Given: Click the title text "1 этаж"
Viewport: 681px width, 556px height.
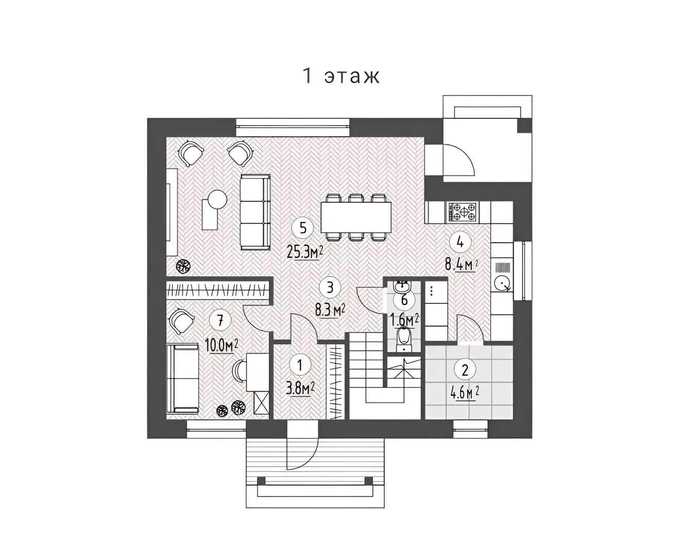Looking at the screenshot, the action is [x=340, y=76].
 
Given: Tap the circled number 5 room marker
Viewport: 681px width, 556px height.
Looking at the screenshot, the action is [x=302, y=228].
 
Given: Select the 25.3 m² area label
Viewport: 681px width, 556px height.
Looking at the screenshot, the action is [x=305, y=252].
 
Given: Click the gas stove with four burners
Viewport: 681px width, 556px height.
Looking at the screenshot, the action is [x=462, y=212].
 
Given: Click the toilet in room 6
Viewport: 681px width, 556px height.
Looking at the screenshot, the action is [x=404, y=339].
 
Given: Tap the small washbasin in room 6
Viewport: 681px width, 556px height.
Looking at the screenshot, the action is [x=402, y=286].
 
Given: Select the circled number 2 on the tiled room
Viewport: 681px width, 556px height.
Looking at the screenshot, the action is [x=465, y=370].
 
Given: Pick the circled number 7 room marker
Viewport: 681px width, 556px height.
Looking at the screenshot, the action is [x=220, y=321].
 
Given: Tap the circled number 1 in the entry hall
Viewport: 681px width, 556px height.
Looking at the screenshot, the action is [x=300, y=366].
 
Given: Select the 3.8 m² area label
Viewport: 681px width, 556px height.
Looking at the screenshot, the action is [x=300, y=389].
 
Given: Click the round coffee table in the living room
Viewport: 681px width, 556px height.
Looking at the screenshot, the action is [x=217, y=199].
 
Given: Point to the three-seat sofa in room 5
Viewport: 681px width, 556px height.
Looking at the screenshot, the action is [x=255, y=212].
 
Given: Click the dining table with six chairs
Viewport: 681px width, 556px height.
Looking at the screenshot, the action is [x=356, y=217].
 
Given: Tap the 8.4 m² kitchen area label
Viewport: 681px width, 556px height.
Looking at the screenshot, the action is [x=461, y=265].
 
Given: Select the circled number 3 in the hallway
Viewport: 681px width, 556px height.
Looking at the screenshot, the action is [x=330, y=287].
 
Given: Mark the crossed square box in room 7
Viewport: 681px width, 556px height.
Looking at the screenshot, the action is [x=261, y=402].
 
